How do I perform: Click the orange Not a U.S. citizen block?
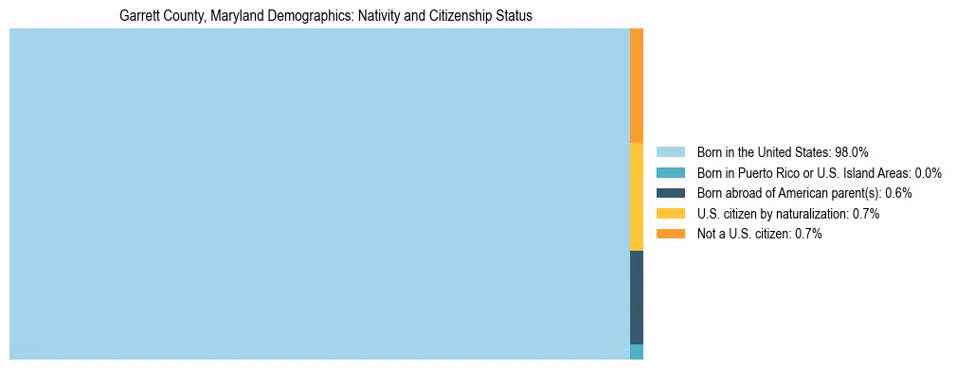637,85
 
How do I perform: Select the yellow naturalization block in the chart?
637,196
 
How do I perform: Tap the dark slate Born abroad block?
637,297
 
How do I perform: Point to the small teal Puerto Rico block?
637,352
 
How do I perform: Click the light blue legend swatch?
670,151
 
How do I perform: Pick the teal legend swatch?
670,172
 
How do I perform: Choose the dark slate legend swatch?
670,193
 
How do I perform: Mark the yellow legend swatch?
670,214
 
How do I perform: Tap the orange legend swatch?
670,234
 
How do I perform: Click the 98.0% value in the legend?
852,151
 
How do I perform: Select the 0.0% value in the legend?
929,172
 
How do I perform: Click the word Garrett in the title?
140,16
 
